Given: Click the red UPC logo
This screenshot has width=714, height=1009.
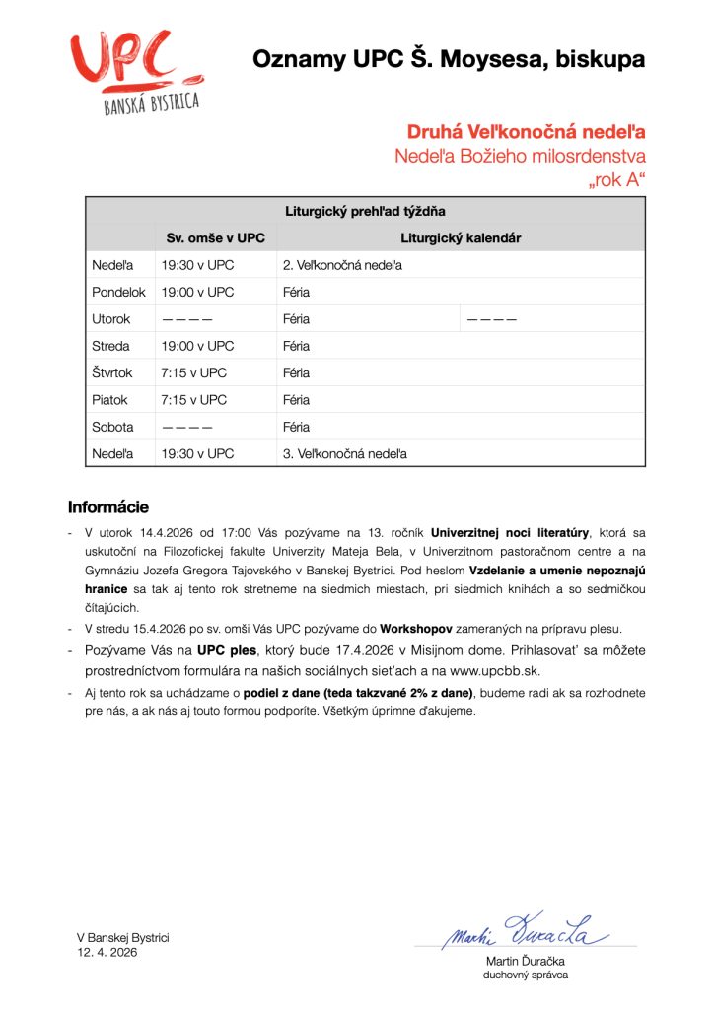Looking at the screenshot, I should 135,72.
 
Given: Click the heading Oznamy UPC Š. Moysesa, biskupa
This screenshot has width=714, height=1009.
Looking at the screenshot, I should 449,59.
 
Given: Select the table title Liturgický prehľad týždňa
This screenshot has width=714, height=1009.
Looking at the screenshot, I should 365,211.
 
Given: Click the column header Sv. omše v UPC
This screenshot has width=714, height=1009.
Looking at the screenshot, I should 215,238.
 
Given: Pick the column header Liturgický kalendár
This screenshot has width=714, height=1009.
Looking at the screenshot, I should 461,238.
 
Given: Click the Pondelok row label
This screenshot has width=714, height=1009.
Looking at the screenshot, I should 118,293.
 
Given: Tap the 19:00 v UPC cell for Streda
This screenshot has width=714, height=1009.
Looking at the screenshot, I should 198,346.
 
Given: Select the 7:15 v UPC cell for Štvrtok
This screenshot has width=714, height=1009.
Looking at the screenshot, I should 193,373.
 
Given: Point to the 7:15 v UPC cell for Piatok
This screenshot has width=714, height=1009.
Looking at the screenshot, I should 193,400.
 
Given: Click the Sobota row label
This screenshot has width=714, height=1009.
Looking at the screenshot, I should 112,427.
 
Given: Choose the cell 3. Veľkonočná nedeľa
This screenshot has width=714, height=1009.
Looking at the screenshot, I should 344,454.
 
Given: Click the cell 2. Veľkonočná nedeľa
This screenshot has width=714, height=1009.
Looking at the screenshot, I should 342,265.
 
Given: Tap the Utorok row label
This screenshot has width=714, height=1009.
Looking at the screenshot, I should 111,319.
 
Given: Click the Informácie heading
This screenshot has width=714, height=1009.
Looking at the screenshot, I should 108,507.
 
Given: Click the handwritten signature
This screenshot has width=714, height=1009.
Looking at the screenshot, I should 525,931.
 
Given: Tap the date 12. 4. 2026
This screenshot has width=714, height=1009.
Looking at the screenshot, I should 107,953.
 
